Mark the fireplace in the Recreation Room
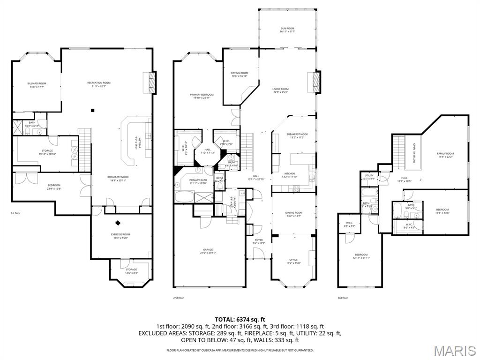coord(152,82)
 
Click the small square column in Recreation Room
coord(93,111)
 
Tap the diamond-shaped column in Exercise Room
coord(118,223)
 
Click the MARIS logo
coord(455,350)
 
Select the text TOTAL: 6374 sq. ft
coord(240,319)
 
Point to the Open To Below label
coord(414,153)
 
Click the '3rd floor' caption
coord(343,298)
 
